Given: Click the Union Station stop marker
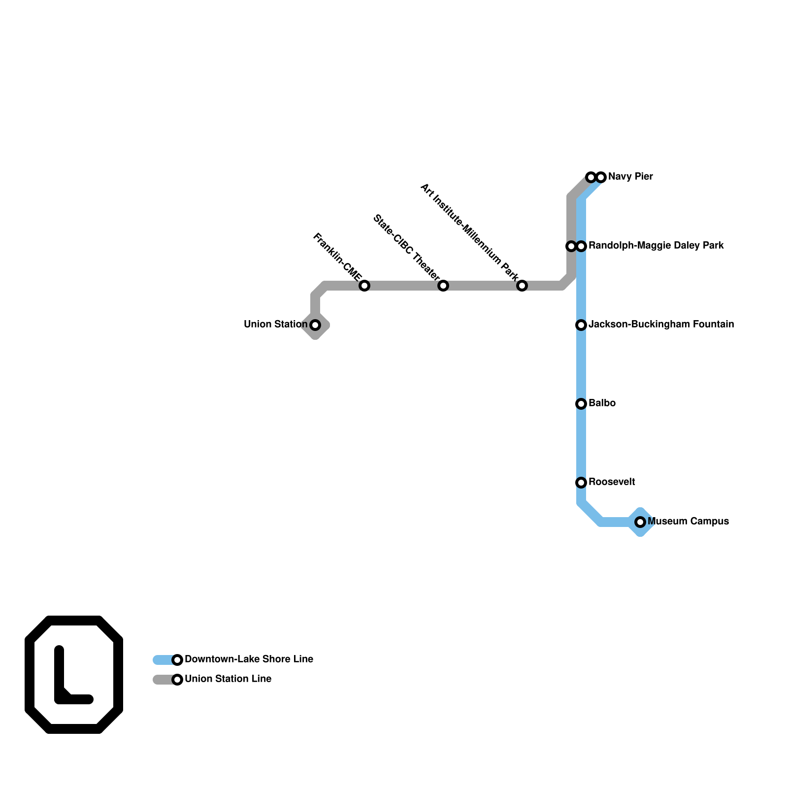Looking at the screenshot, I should click(x=315, y=325).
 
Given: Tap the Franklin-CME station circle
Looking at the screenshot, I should click(x=364, y=286).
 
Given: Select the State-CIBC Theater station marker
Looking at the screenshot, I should click(x=443, y=286).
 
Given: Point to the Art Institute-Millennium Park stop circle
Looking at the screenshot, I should click(x=522, y=286).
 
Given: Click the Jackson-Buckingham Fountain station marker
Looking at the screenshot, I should click(x=581, y=325).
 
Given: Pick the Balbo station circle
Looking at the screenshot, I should click(x=581, y=404).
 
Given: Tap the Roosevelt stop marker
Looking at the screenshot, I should click(x=581, y=483).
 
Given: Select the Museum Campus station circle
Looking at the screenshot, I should click(x=640, y=522).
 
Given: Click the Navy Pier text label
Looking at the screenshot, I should click(x=630, y=177).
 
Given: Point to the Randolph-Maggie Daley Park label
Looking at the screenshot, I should click(x=656, y=246).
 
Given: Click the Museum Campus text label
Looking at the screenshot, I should click(x=688, y=522).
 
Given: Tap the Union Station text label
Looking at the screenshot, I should click(x=275, y=325).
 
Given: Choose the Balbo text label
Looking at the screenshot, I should click(x=602, y=403).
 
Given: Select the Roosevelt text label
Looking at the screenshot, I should click(x=612, y=482).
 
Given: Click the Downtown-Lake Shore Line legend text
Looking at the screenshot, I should click(x=249, y=659).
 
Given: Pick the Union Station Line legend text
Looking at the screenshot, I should click(x=228, y=679).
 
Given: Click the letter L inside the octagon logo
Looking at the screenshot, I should click(x=69, y=680).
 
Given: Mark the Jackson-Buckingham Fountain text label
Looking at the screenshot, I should click(x=661, y=325).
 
